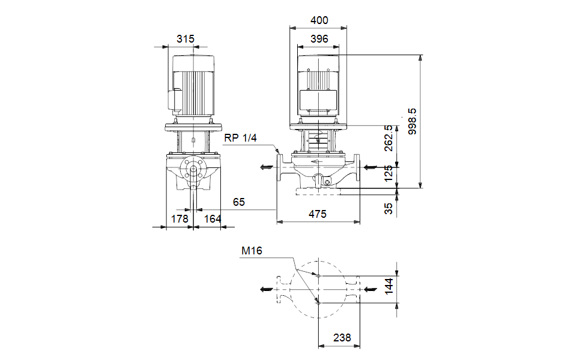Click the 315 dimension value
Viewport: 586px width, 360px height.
[x=186, y=39]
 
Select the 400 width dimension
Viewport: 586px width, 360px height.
[x=319, y=20]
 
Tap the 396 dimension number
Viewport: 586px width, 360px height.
[x=319, y=39]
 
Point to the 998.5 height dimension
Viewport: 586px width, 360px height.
[x=412, y=121]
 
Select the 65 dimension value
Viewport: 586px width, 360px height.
[x=239, y=202]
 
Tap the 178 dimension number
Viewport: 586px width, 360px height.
[x=180, y=220]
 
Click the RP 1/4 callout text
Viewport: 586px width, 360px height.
[x=240, y=138]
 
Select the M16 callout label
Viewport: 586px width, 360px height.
[x=252, y=251]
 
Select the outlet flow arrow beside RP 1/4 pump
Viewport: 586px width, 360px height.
[x=265, y=167]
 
